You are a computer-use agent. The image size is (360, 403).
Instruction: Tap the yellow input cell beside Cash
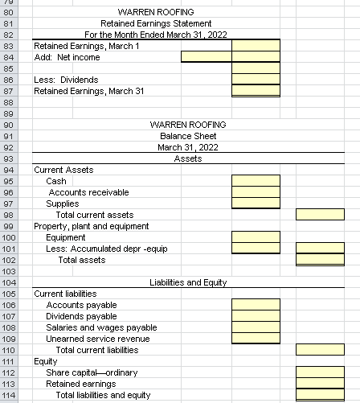(x=256, y=181)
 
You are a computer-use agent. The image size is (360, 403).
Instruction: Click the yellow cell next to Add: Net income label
(x=206, y=57)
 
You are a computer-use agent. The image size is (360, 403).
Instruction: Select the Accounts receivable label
(x=88, y=192)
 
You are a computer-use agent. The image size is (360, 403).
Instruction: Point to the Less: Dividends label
(x=66, y=80)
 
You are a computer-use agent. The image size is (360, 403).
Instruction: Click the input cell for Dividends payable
(x=256, y=316)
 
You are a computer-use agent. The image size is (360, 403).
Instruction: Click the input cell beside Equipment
(x=256, y=237)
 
